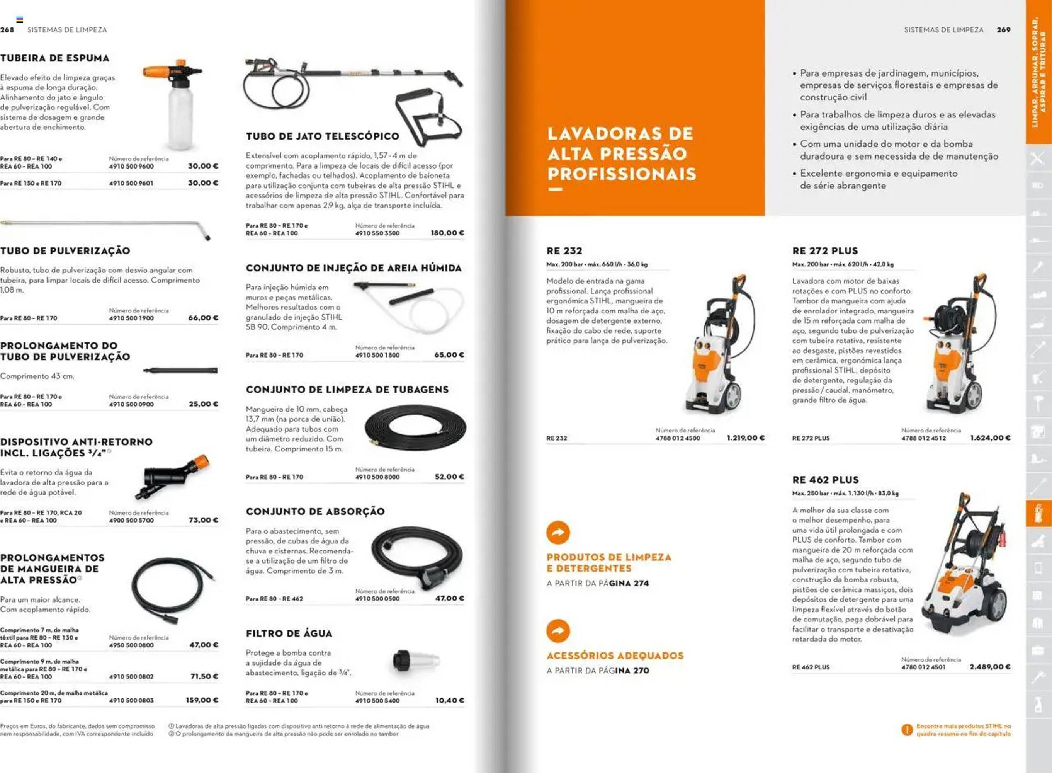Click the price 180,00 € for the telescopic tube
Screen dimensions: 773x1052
(x=447, y=233)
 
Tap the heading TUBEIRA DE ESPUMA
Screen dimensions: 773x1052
(x=55, y=58)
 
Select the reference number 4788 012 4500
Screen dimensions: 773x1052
(x=678, y=438)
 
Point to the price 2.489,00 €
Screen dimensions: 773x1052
(x=990, y=667)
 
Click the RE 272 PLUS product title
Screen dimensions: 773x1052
(x=825, y=251)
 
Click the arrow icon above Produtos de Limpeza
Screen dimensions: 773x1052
(x=558, y=533)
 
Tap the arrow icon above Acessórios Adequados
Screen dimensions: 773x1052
(x=558, y=631)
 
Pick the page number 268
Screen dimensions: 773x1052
(x=7, y=29)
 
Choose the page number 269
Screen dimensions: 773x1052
(x=1003, y=29)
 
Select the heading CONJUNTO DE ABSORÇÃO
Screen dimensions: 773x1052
(x=315, y=511)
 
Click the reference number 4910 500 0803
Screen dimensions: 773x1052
(x=131, y=700)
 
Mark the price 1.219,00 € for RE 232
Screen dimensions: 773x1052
(x=746, y=438)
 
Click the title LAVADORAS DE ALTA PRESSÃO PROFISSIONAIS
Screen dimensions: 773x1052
(x=622, y=153)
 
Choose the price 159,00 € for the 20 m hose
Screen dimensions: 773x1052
(x=202, y=700)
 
